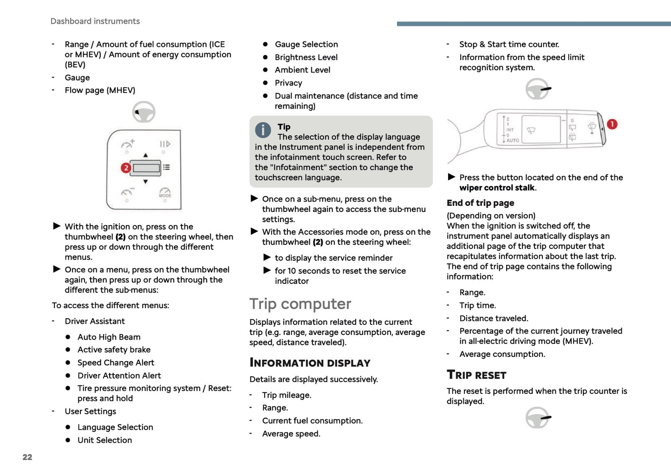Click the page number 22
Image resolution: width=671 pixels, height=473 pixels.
point(27,457)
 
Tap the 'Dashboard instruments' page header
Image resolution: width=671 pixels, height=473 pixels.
point(95,21)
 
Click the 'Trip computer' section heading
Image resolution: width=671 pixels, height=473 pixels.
point(300,304)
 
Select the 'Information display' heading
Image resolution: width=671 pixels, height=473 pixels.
point(310,363)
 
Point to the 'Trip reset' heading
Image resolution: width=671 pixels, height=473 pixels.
point(476,375)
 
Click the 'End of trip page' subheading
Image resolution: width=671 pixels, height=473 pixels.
point(480,203)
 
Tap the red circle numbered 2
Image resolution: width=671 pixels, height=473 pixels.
point(125,168)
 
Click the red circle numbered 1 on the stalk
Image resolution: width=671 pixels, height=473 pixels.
point(612,124)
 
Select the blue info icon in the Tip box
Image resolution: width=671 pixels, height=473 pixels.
point(263,130)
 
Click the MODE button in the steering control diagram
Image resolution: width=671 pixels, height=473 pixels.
point(165,193)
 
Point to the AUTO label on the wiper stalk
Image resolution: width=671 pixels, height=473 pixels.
point(513,140)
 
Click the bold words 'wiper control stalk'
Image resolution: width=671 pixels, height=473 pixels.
point(497,188)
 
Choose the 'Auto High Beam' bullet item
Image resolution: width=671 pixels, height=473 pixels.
point(109,337)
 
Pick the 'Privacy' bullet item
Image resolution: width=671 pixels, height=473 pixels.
point(288,83)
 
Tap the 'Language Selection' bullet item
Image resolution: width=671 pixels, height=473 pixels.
point(115,427)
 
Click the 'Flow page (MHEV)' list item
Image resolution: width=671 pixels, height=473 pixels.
point(100,91)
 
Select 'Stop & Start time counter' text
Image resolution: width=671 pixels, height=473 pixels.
point(509,45)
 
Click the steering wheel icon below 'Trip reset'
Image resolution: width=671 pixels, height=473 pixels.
point(537,418)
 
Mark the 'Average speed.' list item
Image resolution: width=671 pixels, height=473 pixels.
point(291,434)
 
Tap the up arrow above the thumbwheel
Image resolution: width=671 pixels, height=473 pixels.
point(145,155)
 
